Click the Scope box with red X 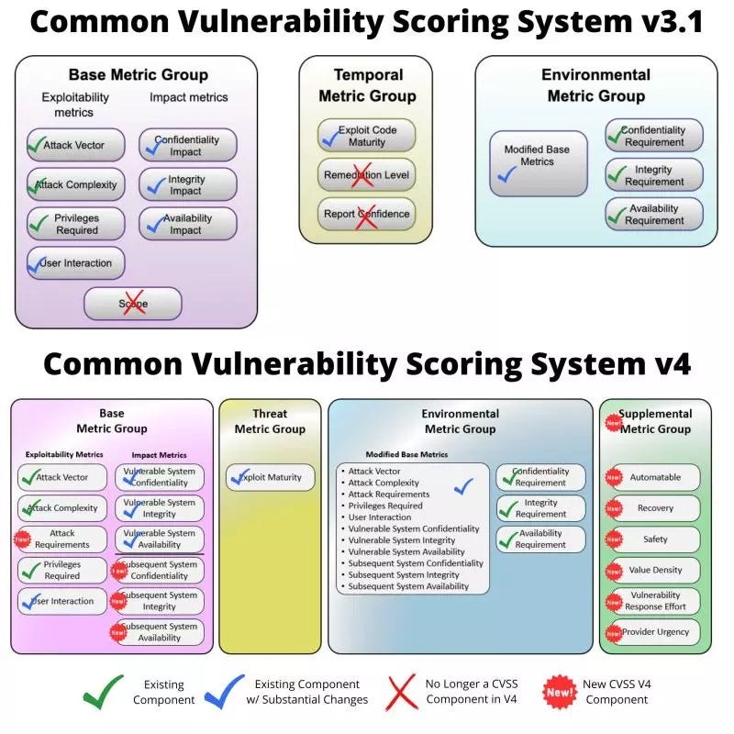point(133,304)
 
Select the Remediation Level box point(366,174)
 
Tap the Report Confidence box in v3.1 point(366,215)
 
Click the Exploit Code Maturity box point(366,136)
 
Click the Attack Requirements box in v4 point(62,539)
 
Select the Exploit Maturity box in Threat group point(271,477)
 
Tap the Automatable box point(655,477)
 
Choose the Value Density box point(655,571)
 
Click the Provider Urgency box point(655,632)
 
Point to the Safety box point(655,539)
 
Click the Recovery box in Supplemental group point(655,508)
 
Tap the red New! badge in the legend point(558,691)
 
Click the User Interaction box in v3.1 point(76,263)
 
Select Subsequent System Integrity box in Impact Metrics point(160,601)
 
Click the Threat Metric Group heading point(271,421)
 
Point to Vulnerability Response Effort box point(655,601)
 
